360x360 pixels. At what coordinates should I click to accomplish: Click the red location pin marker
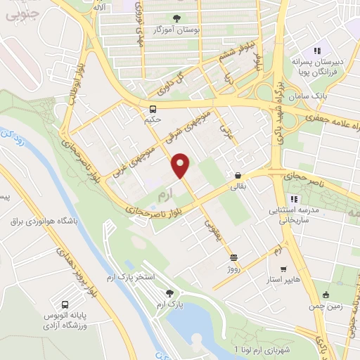tap(181, 165)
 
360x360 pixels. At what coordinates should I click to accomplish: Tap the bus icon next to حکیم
tap(153, 109)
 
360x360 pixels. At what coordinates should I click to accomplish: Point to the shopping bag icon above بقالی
tap(239, 176)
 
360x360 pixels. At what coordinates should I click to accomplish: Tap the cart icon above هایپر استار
tap(283, 269)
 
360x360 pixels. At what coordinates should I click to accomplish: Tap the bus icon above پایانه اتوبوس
tap(65, 305)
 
